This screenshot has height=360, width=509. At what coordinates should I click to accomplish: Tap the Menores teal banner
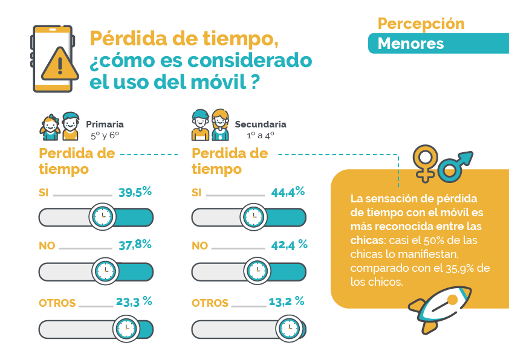[410, 43]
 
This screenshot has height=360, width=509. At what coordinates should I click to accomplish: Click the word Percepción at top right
[421, 24]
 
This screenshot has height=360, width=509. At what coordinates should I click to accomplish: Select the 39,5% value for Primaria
[135, 192]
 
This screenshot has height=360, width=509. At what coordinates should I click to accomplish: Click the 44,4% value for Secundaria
[288, 192]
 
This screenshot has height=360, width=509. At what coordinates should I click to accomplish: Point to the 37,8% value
[135, 245]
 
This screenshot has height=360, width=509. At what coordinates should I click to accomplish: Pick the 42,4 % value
[288, 245]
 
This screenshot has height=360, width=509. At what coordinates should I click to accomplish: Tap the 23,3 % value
[135, 301]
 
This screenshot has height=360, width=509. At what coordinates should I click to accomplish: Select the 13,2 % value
[288, 301]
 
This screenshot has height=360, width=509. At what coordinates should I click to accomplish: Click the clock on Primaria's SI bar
[103, 216]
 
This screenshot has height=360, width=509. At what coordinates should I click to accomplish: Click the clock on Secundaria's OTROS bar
[289, 329]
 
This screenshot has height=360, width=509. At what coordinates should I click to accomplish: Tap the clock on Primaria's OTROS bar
[126, 329]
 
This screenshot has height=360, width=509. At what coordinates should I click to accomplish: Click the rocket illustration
[439, 308]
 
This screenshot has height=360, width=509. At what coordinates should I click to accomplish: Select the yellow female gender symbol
[425, 162]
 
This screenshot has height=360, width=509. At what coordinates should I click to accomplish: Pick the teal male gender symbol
[454, 166]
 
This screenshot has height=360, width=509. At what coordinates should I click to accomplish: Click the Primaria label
[105, 124]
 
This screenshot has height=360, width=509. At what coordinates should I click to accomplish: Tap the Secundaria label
[261, 124]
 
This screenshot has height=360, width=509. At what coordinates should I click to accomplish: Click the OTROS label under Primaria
[57, 303]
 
